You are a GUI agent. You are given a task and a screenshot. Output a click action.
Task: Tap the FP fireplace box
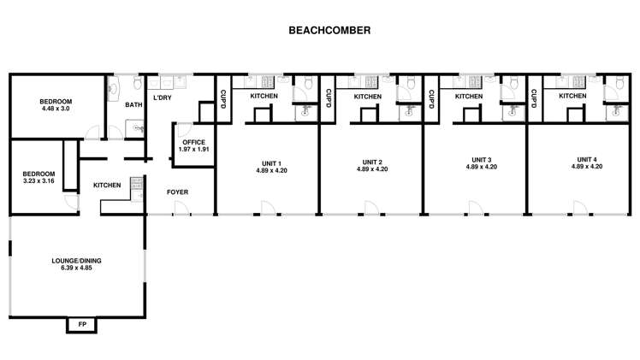pyautogui.click(x=82, y=325)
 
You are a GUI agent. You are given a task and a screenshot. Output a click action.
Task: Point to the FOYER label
pyautogui.click(x=177, y=192)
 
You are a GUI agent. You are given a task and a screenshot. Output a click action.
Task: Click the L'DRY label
pyautogui.click(x=162, y=98)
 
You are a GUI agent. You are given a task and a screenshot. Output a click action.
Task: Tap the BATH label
pyautogui.click(x=133, y=105)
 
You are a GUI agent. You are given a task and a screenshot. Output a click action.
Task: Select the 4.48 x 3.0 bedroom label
pyautogui.click(x=57, y=105)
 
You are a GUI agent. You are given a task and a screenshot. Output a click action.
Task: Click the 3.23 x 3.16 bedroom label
pyautogui.click(x=38, y=177)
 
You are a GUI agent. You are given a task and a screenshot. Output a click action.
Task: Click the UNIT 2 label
pyautogui.click(x=372, y=165)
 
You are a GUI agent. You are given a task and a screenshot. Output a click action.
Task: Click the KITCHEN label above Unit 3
pyautogui.click(x=469, y=97)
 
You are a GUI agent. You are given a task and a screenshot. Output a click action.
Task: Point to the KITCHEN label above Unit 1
pyautogui.click(x=264, y=97)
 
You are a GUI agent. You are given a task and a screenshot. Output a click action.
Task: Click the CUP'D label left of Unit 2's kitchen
pyautogui.click(x=328, y=100)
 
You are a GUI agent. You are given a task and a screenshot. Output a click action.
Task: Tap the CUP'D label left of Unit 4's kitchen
pyautogui.click(x=534, y=99)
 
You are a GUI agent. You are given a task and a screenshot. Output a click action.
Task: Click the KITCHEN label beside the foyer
pyautogui.click(x=107, y=185)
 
